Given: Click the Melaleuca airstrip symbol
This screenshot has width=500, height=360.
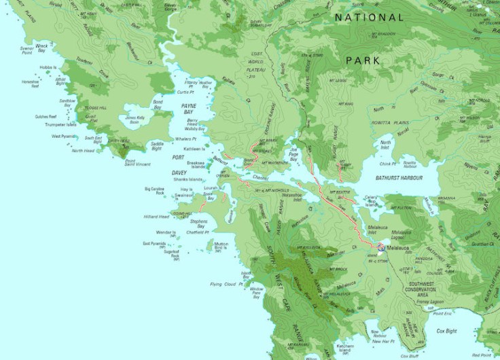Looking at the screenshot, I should (381, 249).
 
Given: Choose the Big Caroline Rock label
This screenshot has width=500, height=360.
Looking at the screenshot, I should (156, 192).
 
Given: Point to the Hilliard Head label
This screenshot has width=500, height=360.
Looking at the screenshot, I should (156, 217).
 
